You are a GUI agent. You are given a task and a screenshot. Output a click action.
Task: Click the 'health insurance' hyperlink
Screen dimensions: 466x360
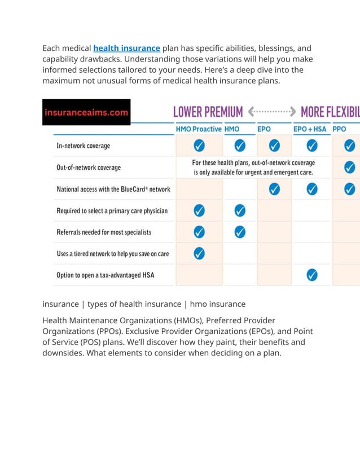click(x=126, y=49)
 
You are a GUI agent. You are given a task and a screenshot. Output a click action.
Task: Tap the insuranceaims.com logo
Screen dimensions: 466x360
click(x=86, y=112)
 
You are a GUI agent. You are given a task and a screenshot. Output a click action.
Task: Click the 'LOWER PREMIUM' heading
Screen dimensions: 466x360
click(x=208, y=112)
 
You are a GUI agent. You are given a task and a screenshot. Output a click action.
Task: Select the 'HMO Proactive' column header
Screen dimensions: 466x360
click(x=199, y=129)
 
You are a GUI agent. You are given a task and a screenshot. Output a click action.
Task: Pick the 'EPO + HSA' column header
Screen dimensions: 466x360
click(x=310, y=129)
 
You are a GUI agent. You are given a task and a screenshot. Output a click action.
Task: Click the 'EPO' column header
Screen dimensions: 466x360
click(x=264, y=129)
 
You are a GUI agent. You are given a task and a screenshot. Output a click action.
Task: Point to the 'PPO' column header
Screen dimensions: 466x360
click(x=340, y=129)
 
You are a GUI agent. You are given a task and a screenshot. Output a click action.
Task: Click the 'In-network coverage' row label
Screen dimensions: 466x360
click(x=84, y=146)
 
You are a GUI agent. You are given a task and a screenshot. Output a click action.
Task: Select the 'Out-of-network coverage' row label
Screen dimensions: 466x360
click(x=89, y=168)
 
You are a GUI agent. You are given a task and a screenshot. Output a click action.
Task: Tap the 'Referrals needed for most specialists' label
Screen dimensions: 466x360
click(x=104, y=232)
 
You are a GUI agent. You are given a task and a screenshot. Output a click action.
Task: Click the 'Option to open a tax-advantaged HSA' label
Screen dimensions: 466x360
click(x=106, y=275)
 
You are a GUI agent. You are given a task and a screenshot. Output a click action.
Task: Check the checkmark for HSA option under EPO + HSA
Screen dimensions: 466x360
click(x=311, y=275)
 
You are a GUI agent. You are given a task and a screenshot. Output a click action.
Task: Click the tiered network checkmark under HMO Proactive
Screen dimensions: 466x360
click(x=199, y=253)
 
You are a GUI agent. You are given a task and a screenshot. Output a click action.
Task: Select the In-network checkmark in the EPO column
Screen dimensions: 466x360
click(x=274, y=146)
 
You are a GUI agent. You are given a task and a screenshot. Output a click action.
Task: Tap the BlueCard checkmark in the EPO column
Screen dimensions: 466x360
click(x=274, y=188)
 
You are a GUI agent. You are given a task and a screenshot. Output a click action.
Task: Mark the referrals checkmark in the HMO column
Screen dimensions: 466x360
click(x=240, y=232)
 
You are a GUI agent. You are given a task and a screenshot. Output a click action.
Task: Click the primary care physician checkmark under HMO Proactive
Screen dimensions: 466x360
click(x=199, y=210)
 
